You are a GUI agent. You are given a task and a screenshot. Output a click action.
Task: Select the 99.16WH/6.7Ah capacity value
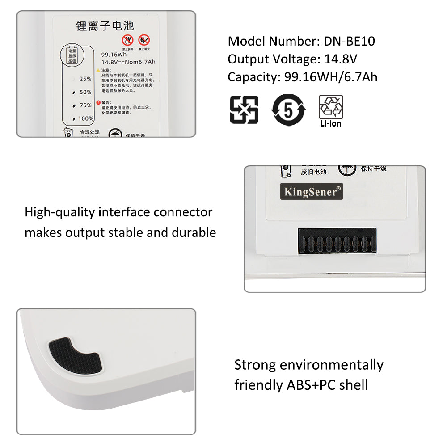click(331, 77)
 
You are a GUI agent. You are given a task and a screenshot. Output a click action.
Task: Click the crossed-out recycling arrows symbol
click(244, 109)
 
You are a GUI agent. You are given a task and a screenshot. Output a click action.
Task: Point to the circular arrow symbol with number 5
click(289, 109)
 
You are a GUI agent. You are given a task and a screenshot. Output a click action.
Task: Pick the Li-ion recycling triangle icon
click(331, 108)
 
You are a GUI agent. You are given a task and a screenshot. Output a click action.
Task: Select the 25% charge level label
click(85, 79)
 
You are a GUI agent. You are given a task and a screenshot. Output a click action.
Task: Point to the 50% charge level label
click(85, 92)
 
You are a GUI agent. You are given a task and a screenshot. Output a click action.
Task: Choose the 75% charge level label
click(85, 105)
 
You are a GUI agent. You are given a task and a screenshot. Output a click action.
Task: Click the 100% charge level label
click(85, 118)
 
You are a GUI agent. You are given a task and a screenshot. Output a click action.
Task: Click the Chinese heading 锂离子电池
click(105, 26)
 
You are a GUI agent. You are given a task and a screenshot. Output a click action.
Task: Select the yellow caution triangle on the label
click(97, 70)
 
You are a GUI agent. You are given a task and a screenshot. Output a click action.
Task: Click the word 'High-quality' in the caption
click(60, 212)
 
